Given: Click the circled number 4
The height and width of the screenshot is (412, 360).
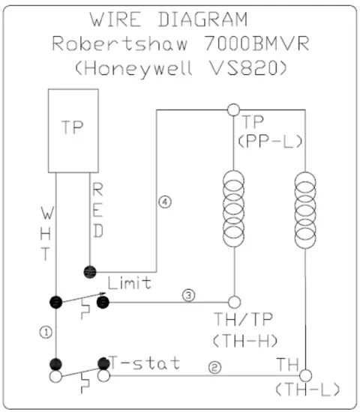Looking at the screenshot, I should click(x=166, y=202).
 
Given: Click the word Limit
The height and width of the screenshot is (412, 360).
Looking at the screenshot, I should click(x=130, y=282).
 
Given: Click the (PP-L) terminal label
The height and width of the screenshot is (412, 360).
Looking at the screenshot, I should click(x=265, y=140).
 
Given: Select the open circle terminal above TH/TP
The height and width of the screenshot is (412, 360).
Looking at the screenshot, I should click(x=233, y=302).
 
